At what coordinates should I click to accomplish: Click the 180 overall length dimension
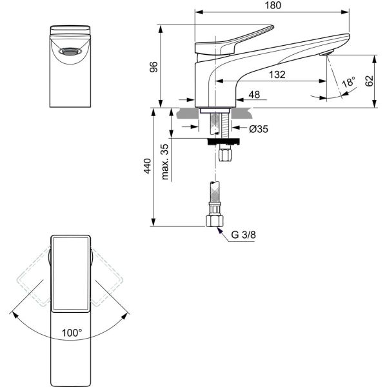[273, 5]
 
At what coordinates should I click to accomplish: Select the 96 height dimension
[154, 66]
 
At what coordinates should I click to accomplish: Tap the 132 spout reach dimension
[277, 75]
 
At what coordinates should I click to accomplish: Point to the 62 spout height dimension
[369, 81]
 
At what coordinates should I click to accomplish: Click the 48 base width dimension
[254, 95]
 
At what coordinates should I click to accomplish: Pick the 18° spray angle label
[348, 82]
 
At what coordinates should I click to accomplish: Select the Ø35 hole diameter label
[259, 129]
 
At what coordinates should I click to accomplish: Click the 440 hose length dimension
[147, 166]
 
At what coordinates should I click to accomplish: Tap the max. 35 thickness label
[164, 162]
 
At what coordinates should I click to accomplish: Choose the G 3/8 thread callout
[243, 235]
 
